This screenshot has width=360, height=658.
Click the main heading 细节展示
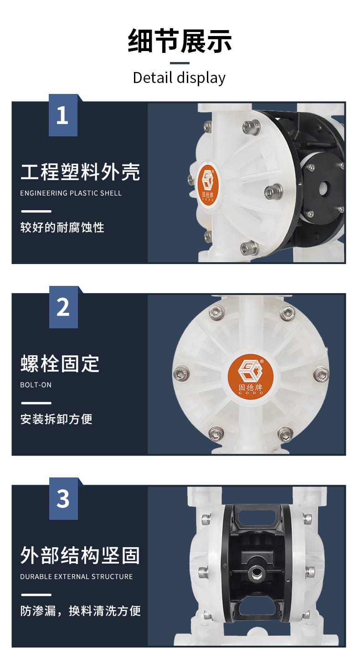[x=180, y=41]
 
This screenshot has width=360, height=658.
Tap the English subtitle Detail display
[x=179, y=78]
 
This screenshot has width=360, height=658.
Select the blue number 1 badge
[x=63, y=115]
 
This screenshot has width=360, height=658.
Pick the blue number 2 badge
[x=63, y=307]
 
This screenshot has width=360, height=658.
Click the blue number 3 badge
[x=63, y=498]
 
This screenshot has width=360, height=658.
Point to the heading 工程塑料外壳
[x=80, y=171]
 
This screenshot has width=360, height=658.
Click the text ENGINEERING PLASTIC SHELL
[x=71, y=193]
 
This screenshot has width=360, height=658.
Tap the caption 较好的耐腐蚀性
[x=62, y=228]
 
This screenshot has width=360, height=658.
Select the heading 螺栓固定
[x=60, y=363]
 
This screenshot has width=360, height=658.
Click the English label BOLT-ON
[x=36, y=385]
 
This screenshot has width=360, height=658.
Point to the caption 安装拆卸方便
[x=57, y=419]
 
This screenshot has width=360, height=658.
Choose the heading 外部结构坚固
[x=80, y=555]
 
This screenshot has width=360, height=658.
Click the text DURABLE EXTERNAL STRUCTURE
[x=77, y=576]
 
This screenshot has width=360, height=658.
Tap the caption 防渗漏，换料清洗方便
[x=81, y=611]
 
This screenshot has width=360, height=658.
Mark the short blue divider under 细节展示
[x=180, y=63]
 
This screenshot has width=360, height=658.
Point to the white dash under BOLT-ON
[x=36, y=403]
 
